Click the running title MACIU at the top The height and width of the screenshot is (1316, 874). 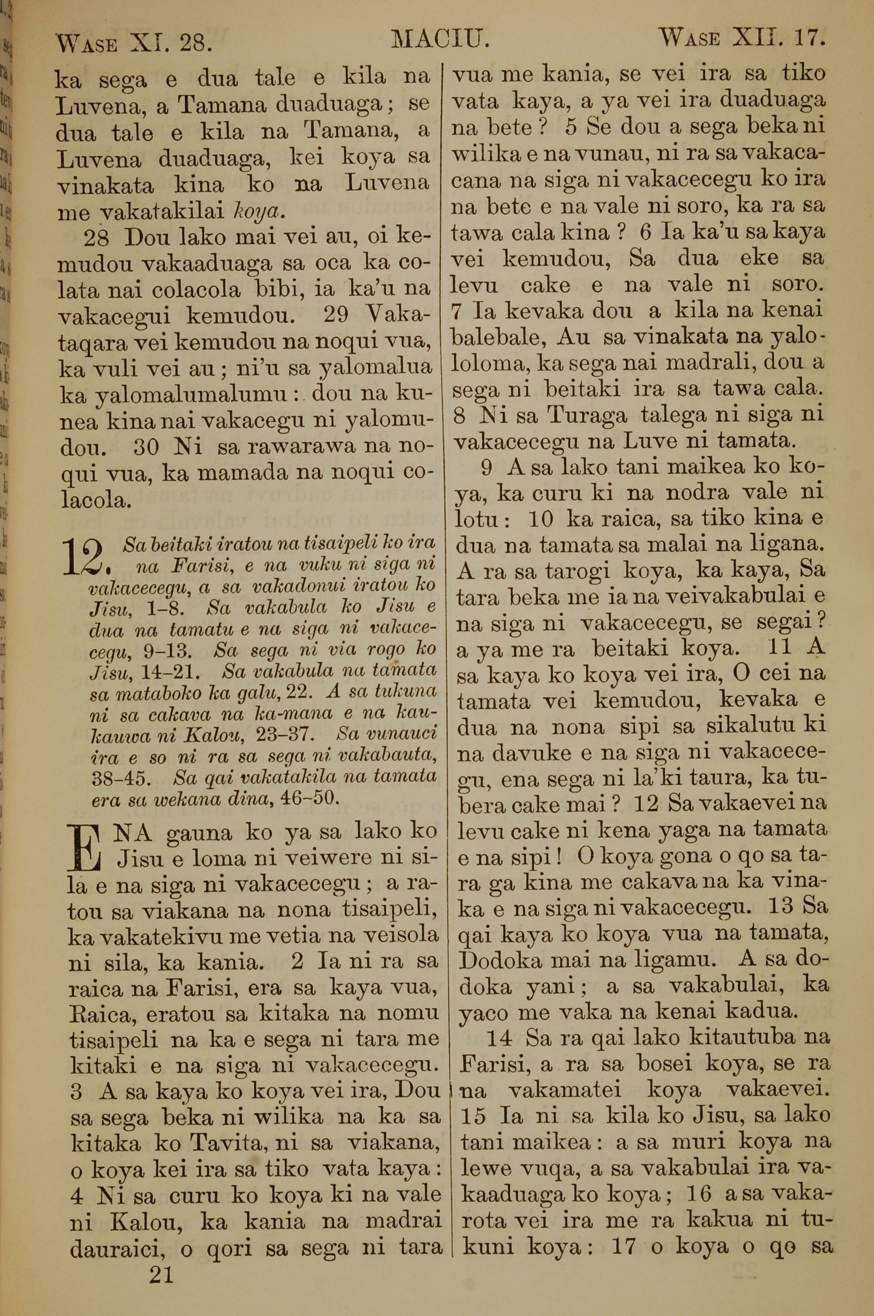click(x=440, y=40)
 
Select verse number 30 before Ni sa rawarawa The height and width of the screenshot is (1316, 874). click(x=148, y=447)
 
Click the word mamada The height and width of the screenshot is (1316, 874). click(x=243, y=473)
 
